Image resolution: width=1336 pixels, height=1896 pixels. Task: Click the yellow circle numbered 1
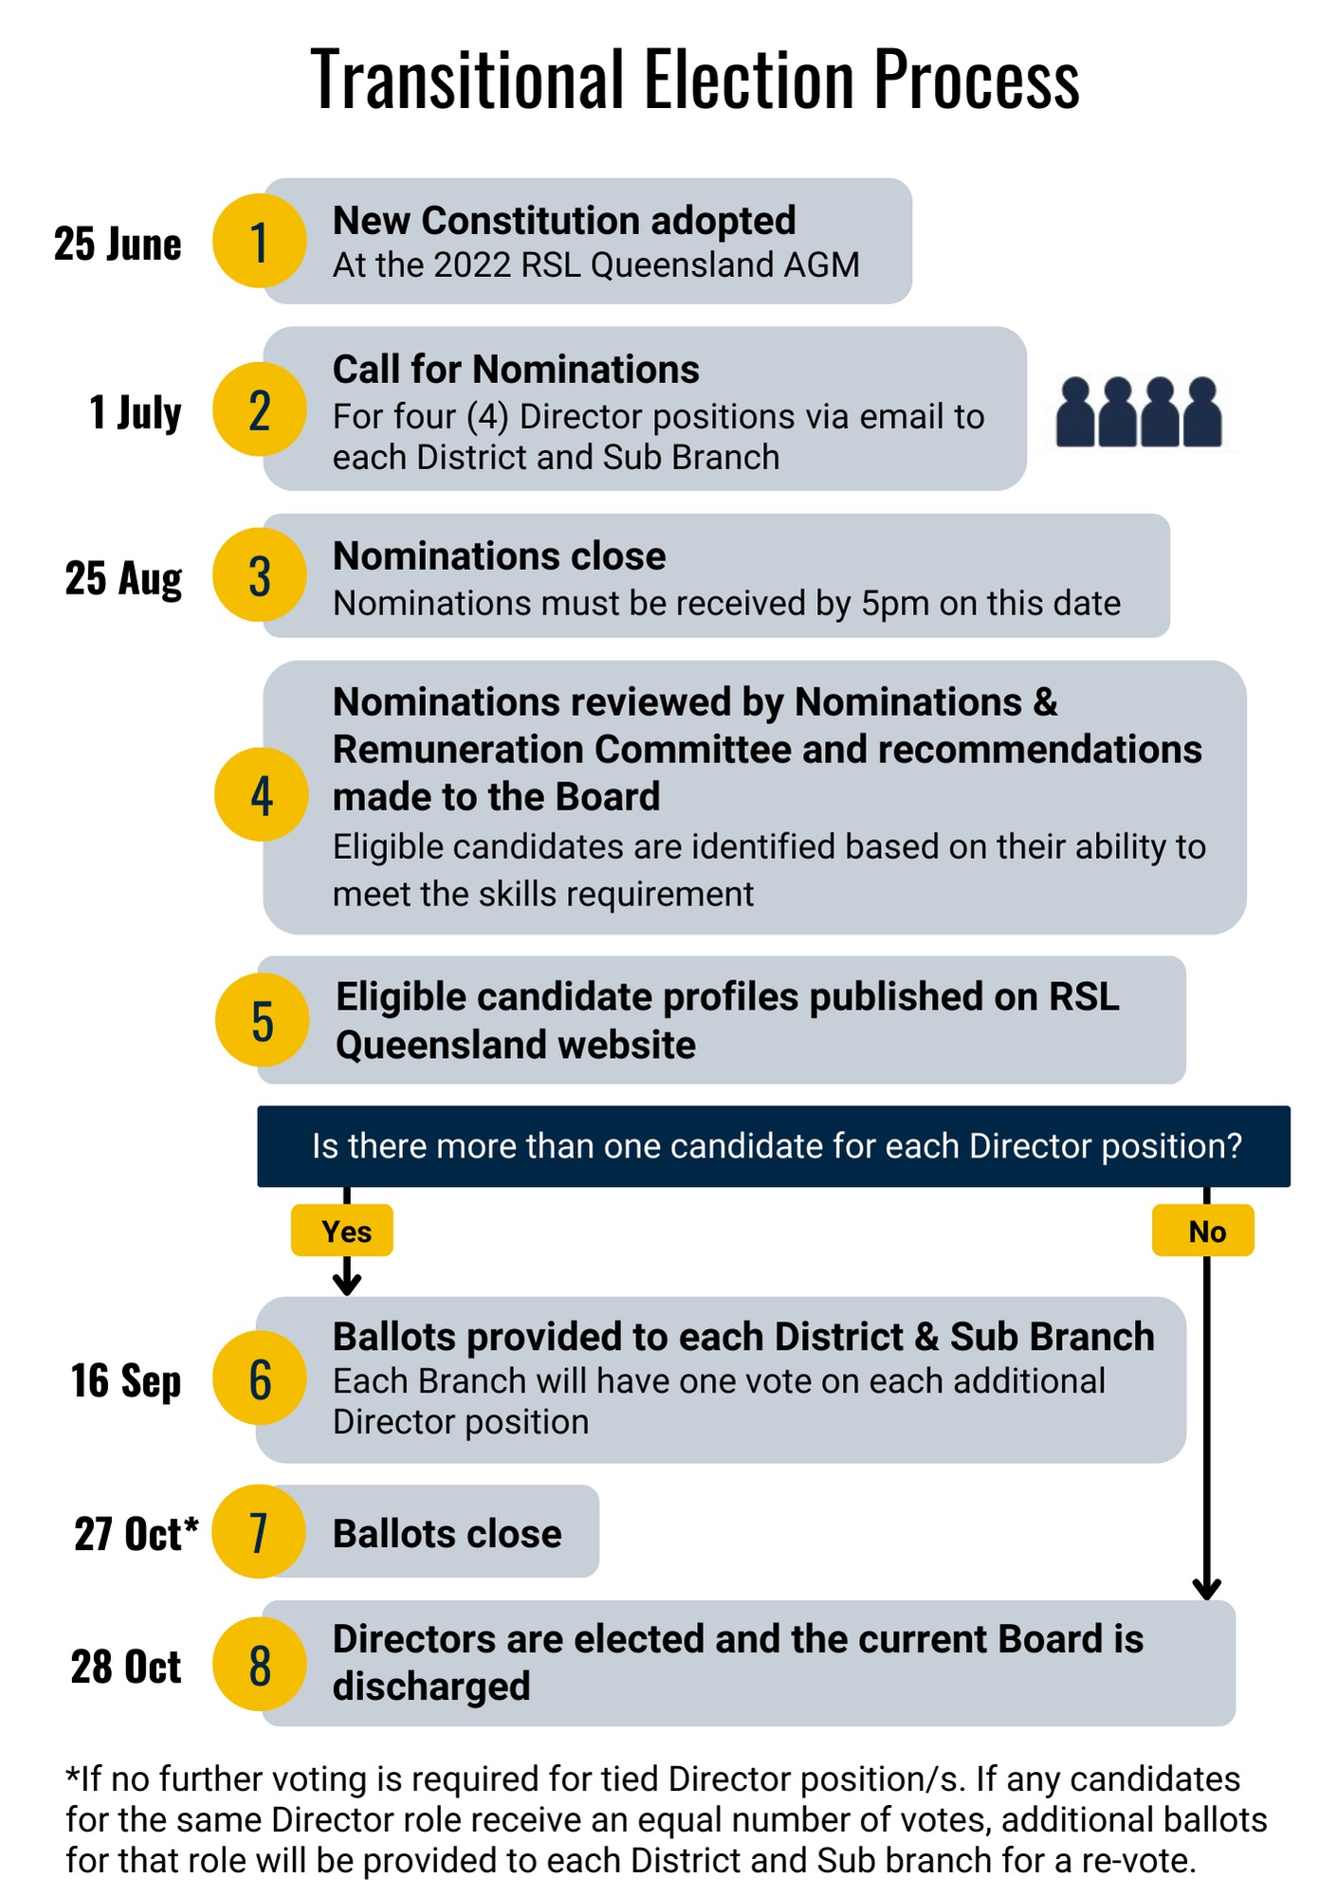[x=259, y=241]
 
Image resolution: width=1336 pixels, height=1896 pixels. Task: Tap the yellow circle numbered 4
[x=262, y=794]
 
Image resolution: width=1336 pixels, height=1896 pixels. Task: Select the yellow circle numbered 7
[x=258, y=1531]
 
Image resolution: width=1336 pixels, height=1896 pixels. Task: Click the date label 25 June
[x=118, y=244]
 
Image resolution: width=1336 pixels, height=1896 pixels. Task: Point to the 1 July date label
[x=135, y=412]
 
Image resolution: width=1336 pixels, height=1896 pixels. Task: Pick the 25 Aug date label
[x=123, y=578]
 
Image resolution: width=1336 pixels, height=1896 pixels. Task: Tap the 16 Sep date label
[x=125, y=1380]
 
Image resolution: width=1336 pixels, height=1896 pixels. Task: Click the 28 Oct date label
[x=125, y=1666]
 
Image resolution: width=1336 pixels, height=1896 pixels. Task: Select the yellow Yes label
[x=342, y=1231]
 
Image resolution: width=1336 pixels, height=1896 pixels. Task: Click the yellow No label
[x=1203, y=1231]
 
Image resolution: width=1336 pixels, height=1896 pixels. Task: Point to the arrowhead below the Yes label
[x=347, y=1284]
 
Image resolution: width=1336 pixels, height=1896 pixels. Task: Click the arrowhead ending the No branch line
[x=1206, y=1589]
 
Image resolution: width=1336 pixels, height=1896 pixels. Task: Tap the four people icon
[x=1139, y=411]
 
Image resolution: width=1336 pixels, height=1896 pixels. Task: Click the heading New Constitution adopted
[x=564, y=220]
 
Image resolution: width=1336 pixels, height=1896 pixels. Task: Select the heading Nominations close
[x=499, y=556]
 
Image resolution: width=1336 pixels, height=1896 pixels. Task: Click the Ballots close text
[x=447, y=1533]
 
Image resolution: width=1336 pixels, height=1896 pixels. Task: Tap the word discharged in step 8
[x=431, y=1686]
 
